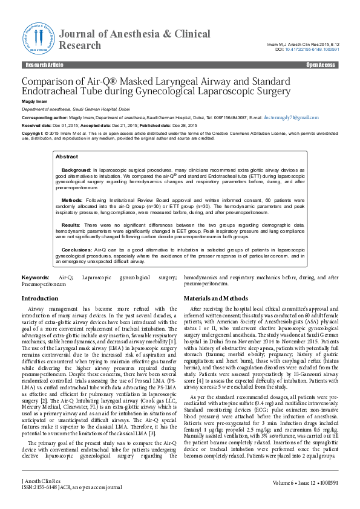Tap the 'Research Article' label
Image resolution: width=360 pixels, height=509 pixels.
point(41,65)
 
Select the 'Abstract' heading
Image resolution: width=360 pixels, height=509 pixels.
point(67,157)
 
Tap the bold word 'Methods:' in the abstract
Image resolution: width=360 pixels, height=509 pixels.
point(72,198)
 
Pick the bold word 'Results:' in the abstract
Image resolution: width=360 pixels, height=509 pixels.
point(71,224)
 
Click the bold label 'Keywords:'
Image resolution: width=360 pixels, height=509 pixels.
point(35,276)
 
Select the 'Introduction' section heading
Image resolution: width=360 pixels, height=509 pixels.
point(40,299)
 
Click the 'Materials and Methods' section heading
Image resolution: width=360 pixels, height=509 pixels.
point(215,299)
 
